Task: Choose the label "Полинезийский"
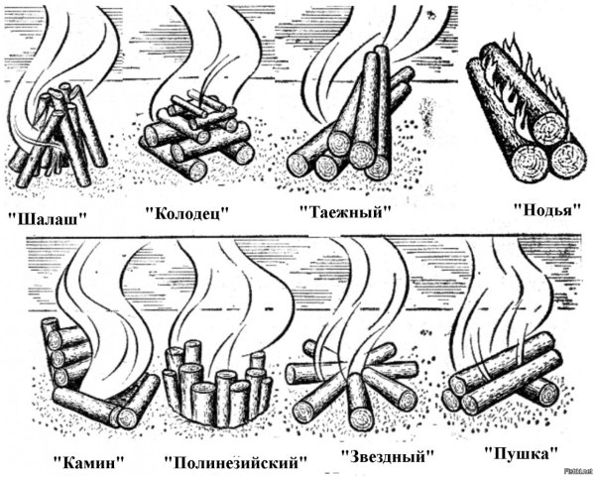coord(235,462)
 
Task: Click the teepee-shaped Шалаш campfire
coord(59,139)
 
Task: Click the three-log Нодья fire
coord(521,124)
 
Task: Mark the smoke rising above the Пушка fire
coord(506,288)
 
